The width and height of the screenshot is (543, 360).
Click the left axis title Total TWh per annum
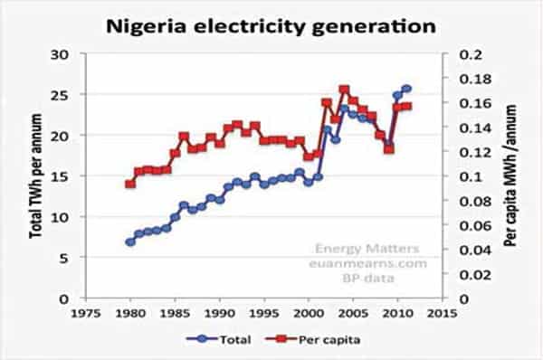[x=37, y=175]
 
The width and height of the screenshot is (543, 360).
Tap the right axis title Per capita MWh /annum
[x=510, y=175]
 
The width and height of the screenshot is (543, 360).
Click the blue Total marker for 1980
[x=129, y=242]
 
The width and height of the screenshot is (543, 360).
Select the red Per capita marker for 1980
[x=129, y=184]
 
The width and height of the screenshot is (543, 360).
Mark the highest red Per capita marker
[x=344, y=90]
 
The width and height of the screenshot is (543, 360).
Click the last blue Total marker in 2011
[x=406, y=89]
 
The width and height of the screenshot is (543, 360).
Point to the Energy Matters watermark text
[x=354, y=246]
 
